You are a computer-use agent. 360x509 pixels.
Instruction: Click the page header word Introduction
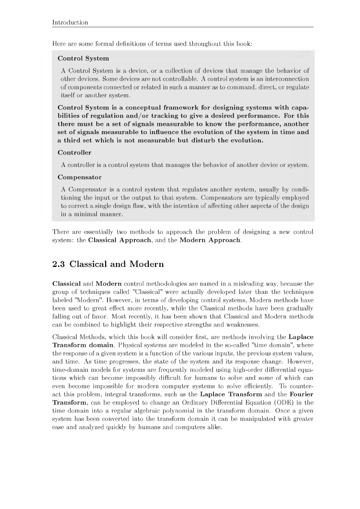(x=70, y=22)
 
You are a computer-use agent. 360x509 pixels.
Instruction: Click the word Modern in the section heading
(x=147, y=264)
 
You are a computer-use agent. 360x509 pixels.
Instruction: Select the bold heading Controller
(x=74, y=153)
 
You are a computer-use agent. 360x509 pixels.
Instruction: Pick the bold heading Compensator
(x=79, y=177)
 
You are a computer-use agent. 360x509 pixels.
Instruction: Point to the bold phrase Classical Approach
(x=119, y=240)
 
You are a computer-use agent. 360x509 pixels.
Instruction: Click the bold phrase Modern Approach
(x=210, y=240)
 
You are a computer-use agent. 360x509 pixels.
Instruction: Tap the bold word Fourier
(x=301, y=394)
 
